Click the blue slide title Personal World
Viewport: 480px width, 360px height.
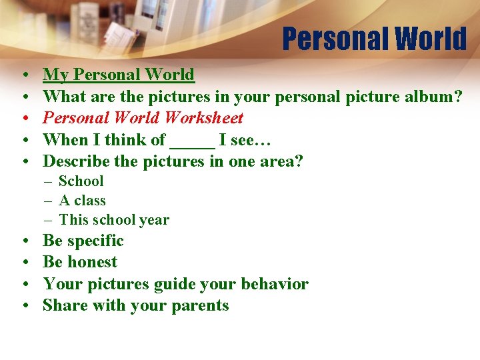374,39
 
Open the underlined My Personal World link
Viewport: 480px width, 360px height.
119,75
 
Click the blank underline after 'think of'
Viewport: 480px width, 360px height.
193,141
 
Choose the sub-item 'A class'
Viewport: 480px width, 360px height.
82,201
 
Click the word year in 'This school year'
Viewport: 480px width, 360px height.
154,220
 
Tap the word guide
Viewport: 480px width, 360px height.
175,285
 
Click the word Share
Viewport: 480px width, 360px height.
63,305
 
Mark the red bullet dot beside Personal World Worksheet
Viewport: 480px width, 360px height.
23,119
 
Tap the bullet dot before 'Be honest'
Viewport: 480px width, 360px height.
23,263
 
